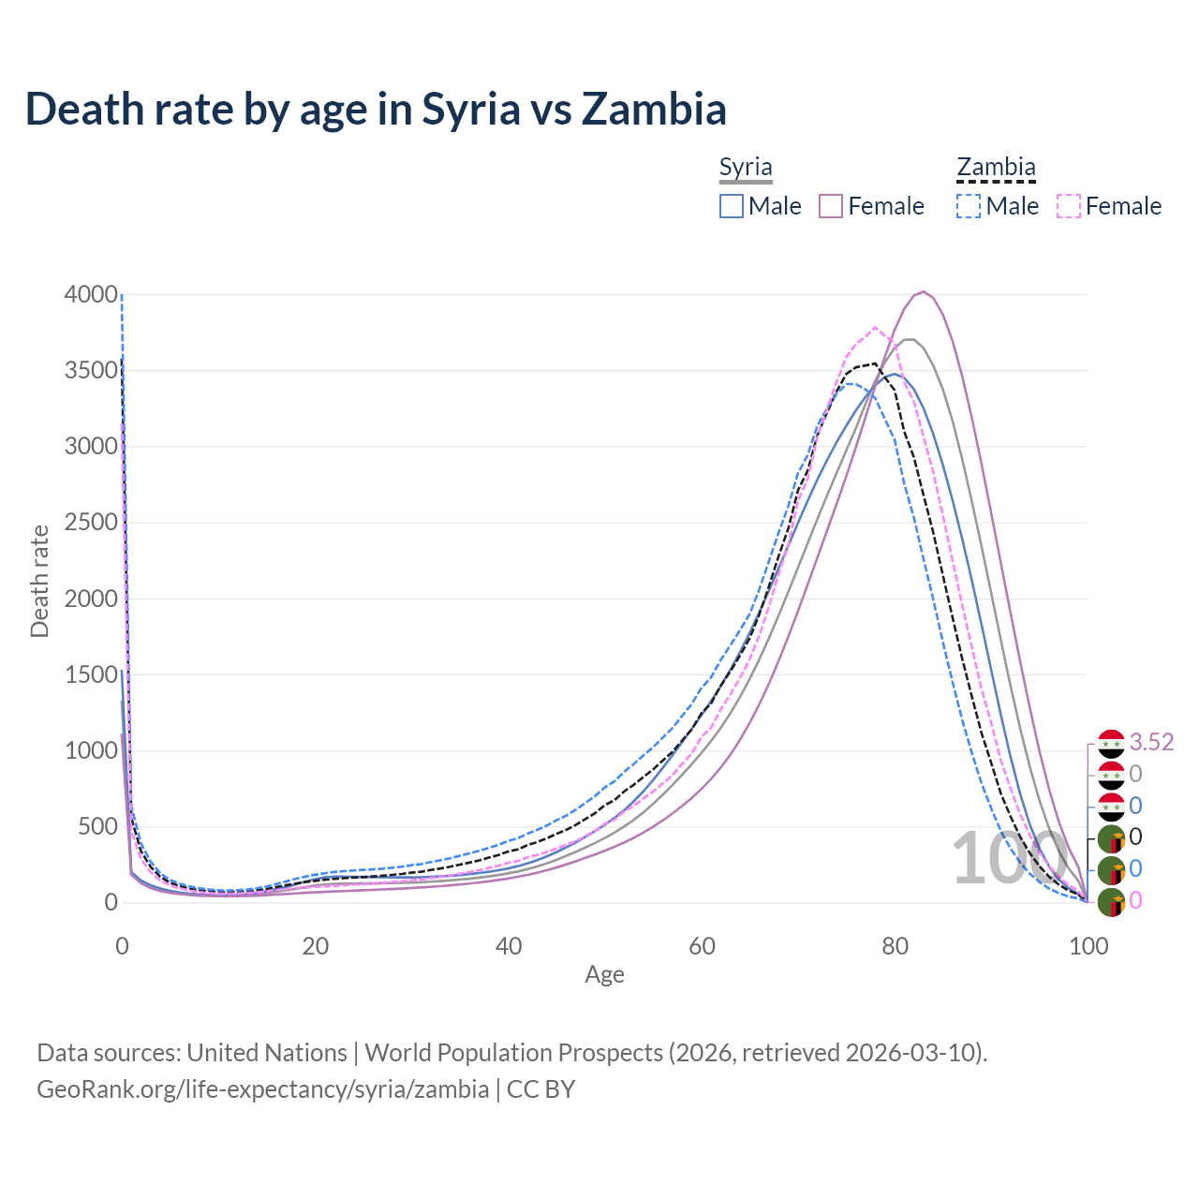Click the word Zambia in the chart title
point(653,109)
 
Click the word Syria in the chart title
point(470,109)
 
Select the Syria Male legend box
point(732,206)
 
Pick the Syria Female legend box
point(831,206)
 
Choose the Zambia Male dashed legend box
point(969,206)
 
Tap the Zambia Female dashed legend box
point(1069,206)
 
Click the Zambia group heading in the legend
point(996,168)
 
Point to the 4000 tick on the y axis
point(91,294)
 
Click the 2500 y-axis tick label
point(91,522)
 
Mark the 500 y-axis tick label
point(97,826)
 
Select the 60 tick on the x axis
point(702,946)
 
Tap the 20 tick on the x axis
point(316,946)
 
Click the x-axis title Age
point(604,974)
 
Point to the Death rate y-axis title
point(39,581)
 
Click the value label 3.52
point(1151,742)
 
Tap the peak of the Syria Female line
point(924,291)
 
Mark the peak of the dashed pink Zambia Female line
point(875,328)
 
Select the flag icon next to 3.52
point(1111,744)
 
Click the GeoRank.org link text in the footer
point(262,1089)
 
